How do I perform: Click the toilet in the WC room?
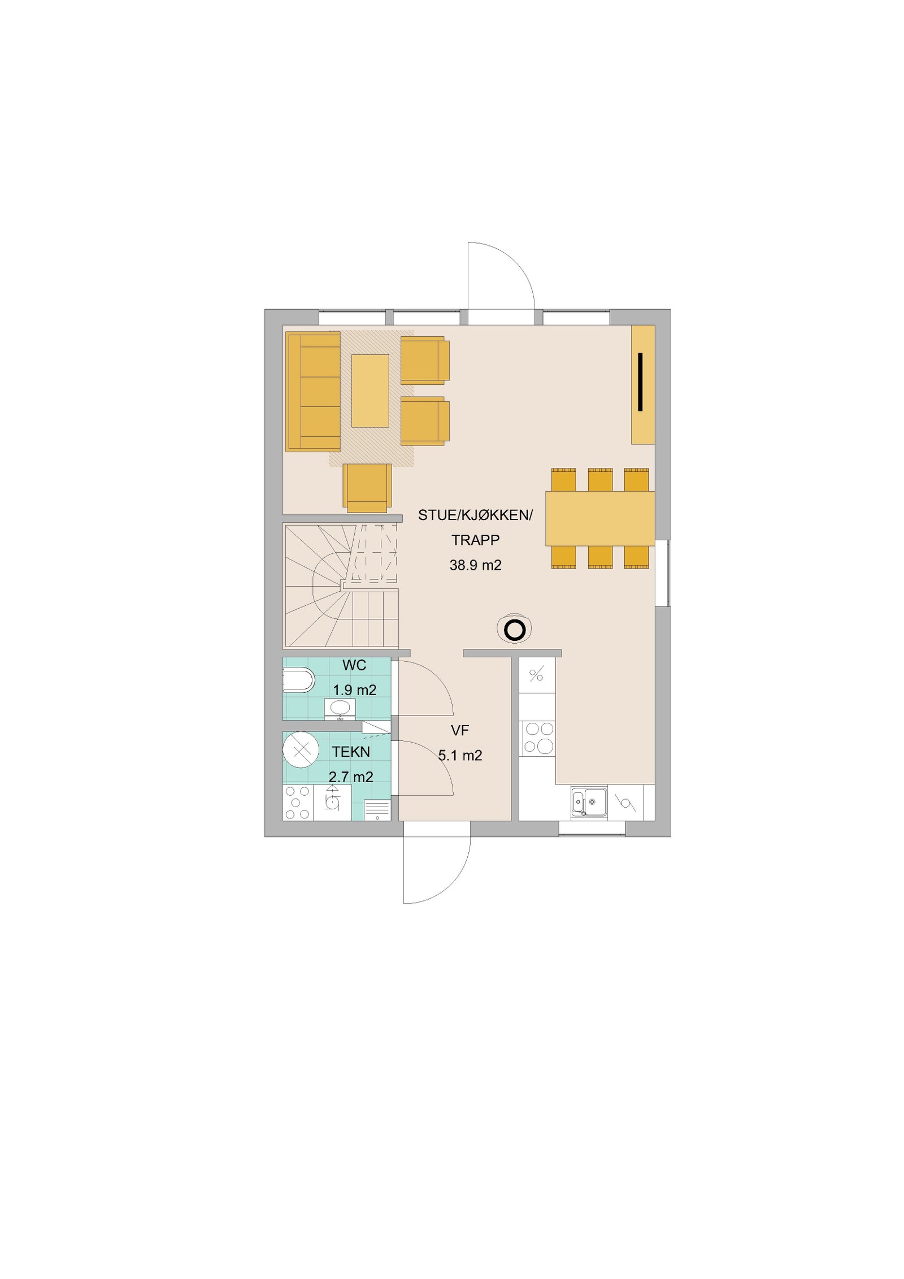(x=298, y=680)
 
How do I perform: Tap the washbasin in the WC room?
(x=340, y=708)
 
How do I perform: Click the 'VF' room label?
(x=460, y=731)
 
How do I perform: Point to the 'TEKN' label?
(x=351, y=752)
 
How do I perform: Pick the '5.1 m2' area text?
(x=460, y=756)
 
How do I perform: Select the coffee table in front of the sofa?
(x=370, y=391)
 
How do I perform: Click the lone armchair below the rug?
(x=367, y=487)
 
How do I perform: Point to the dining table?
(x=599, y=518)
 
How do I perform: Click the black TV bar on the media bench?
(x=640, y=381)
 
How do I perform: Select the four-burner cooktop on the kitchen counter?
(x=538, y=738)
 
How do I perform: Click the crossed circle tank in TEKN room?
(x=301, y=749)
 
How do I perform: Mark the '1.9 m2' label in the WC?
(x=354, y=690)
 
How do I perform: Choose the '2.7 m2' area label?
(x=351, y=777)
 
